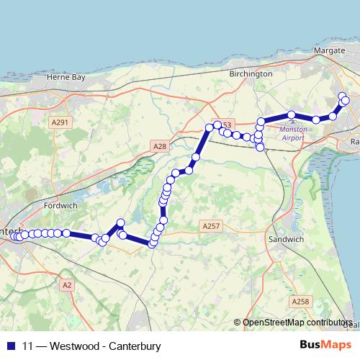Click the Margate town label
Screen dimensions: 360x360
[x=330, y=50]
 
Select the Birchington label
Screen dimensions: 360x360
[x=250, y=73]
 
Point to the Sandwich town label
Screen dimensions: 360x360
[x=286, y=238]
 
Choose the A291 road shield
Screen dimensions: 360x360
[x=60, y=122]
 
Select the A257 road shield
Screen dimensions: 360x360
[x=210, y=226]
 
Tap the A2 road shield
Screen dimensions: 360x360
[x=67, y=286]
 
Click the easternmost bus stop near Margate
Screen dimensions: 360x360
[x=346, y=101]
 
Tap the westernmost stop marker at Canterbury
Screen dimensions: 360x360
[x=12, y=235]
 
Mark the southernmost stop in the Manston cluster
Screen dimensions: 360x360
[x=261, y=147]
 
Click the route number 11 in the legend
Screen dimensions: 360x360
[x=29, y=346]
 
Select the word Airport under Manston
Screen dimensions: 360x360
[x=293, y=138]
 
